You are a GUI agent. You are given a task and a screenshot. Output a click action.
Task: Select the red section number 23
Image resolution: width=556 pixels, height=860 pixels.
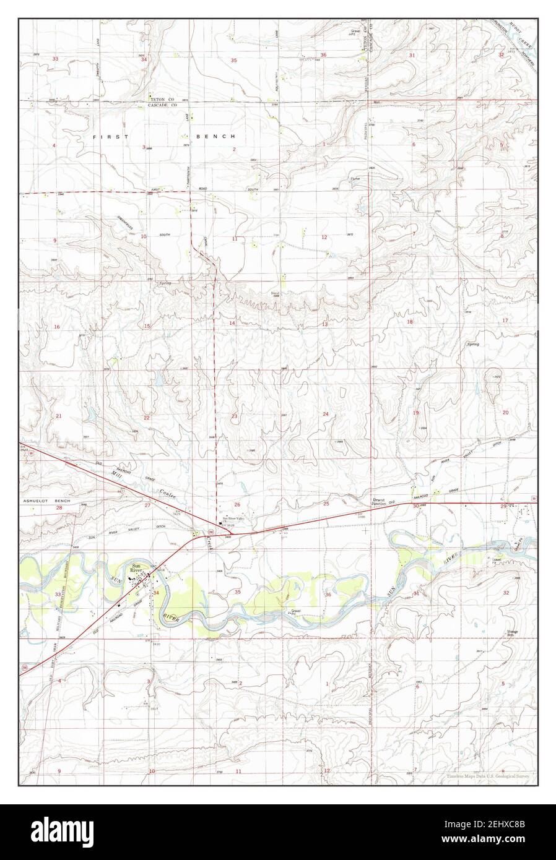[234, 416]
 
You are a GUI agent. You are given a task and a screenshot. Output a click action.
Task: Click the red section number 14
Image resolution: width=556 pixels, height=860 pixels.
[232, 323]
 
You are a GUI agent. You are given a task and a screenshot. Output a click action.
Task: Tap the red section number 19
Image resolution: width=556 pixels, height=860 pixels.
[416, 413]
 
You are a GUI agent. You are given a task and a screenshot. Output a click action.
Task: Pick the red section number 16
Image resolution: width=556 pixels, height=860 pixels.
[56, 327]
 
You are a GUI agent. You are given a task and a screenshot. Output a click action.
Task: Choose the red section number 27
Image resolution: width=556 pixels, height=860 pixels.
[147, 505]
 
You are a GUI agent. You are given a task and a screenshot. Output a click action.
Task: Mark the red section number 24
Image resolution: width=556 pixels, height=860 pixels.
[325, 413]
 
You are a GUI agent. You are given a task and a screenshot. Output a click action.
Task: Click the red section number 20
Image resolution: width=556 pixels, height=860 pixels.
[505, 412]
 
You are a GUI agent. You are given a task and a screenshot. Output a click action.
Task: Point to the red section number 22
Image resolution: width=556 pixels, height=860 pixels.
[147, 418]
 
